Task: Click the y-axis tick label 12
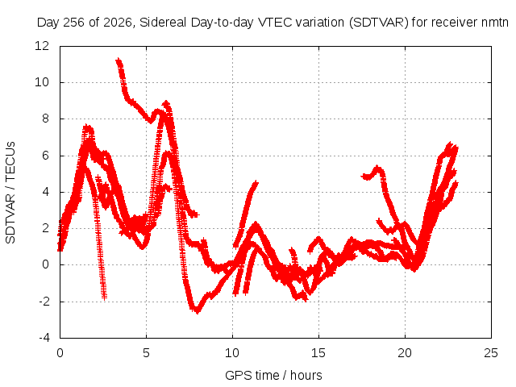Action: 42,46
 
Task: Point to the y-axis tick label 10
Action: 42,82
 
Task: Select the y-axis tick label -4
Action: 44,338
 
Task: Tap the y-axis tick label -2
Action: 44,301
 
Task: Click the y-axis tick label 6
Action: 45,156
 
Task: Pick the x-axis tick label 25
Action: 491,353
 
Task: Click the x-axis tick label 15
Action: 318,353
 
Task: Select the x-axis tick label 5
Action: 146,353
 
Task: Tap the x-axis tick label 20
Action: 405,353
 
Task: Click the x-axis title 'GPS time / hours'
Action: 273,375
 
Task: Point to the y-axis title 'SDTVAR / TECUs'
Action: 10,193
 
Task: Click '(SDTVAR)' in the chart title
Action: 378,23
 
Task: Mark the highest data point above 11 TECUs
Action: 119,60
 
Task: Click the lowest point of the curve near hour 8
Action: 197,310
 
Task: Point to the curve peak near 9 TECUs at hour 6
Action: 166,104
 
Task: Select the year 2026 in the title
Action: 118,23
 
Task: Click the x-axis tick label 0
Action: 60,353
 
